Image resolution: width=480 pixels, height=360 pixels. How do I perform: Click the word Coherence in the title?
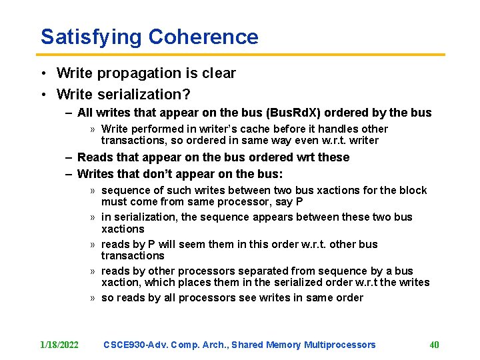tap(203, 37)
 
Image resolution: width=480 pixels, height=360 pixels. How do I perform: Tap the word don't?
tap(163, 174)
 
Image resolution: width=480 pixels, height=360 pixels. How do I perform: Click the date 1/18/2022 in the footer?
tap(59, 345)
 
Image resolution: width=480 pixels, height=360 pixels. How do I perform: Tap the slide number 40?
tap(434, 345)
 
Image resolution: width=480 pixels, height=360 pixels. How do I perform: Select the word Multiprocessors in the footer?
tap(340, 345)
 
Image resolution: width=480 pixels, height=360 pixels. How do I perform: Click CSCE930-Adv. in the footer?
tap(135, 345)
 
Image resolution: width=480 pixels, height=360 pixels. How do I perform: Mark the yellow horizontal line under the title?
tap(240, 55)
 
